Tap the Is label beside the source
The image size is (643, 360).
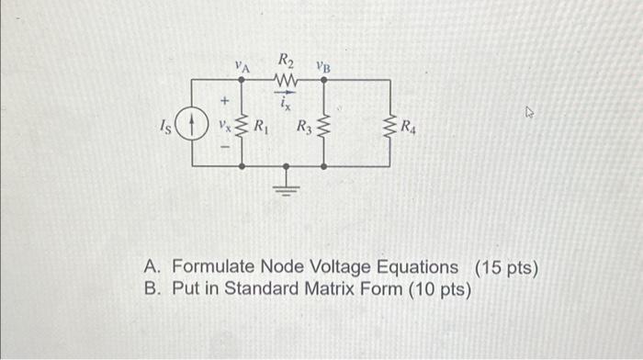[165, 122]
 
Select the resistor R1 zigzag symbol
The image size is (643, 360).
[241, 124]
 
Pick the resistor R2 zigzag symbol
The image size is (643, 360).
[287, 81]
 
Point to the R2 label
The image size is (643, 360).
[286, 62]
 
